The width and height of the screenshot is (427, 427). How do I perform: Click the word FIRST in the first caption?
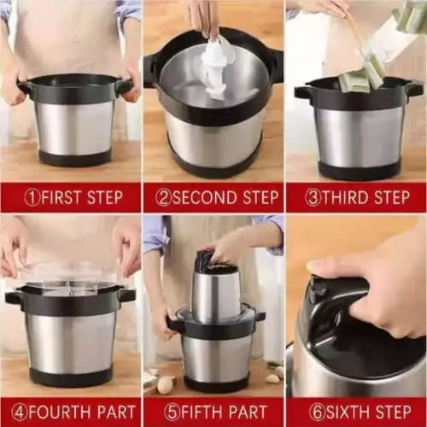[x=61, y=197]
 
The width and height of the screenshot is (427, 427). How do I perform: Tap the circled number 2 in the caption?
[x=164, y=197]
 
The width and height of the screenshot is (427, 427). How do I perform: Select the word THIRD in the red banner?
[x=345, y=197]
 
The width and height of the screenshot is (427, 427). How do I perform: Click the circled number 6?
[x=317, y=412]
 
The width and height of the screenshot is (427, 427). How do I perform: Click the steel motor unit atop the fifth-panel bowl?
[x=216, y=293]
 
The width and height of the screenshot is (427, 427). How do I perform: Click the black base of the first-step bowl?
[x=75, y=157]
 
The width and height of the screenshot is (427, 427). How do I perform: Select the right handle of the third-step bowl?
[x=413, y=87]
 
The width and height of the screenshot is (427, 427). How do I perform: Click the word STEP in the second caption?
[x=260, y=197]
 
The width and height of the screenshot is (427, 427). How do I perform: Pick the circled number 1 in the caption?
[x=32, y=197]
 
